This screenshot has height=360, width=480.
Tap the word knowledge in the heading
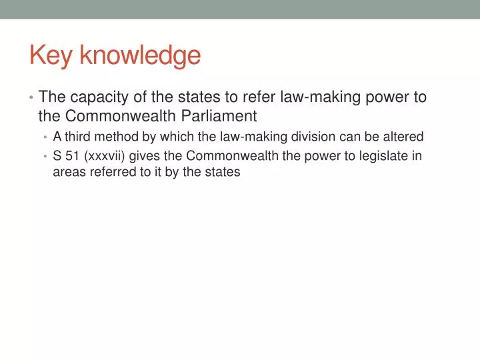[139, 55]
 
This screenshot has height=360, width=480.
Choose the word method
[114, 137]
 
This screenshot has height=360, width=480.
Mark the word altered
[403, 137]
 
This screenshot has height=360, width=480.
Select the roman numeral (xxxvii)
[104, 156]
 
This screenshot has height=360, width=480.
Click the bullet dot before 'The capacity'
[31, 98]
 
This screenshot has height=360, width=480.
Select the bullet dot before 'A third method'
[45, 137]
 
